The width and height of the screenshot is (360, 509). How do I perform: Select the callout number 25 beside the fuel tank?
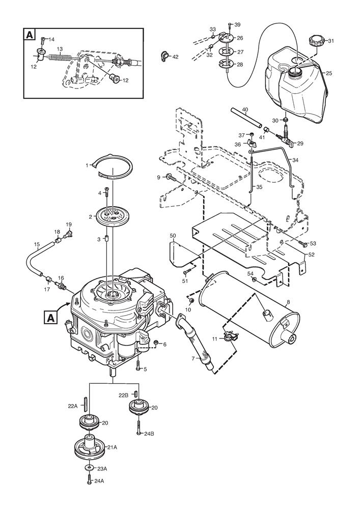[x=329, y=73]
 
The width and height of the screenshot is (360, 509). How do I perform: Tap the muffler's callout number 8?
[x=288, y=302]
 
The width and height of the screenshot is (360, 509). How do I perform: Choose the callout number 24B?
[x=149, y=434]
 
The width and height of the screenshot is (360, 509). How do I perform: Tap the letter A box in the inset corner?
[x=30, y=35]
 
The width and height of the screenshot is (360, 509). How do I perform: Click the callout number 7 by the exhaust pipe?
[x=192, y=359]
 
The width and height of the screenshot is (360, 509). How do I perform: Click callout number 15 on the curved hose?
[x=37, y=245]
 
